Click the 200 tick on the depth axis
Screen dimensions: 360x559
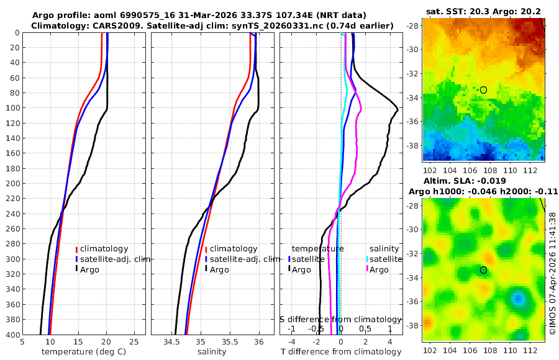(x=11, y=184)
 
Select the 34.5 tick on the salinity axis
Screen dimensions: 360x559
(x=171, y=341)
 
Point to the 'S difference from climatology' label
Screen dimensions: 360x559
(x=340, y=319)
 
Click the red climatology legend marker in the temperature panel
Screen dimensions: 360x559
(x=77, y=249)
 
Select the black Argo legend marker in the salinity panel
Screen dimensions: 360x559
(x=206, y=269)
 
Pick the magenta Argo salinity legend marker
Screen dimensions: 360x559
(x=368, y=269)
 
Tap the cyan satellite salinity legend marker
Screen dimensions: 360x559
(x=368, y=259)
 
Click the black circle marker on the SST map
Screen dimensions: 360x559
(x=483, y=90)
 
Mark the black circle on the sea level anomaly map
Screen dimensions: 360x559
(x=483, y=270)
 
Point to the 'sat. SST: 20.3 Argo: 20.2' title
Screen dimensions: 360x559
(x=483, y=11)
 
